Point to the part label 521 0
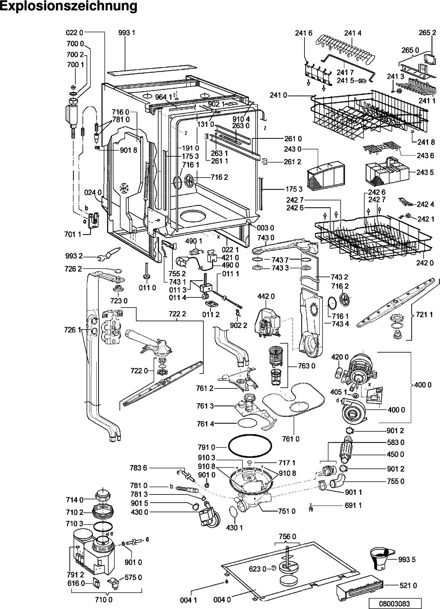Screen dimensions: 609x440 coord(408,585)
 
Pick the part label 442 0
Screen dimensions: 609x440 coord(266,296)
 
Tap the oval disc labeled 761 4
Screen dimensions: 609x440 coord(247,423)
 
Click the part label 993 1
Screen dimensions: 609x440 coord(127,33)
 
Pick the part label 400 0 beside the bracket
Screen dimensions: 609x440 coord(422,385)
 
